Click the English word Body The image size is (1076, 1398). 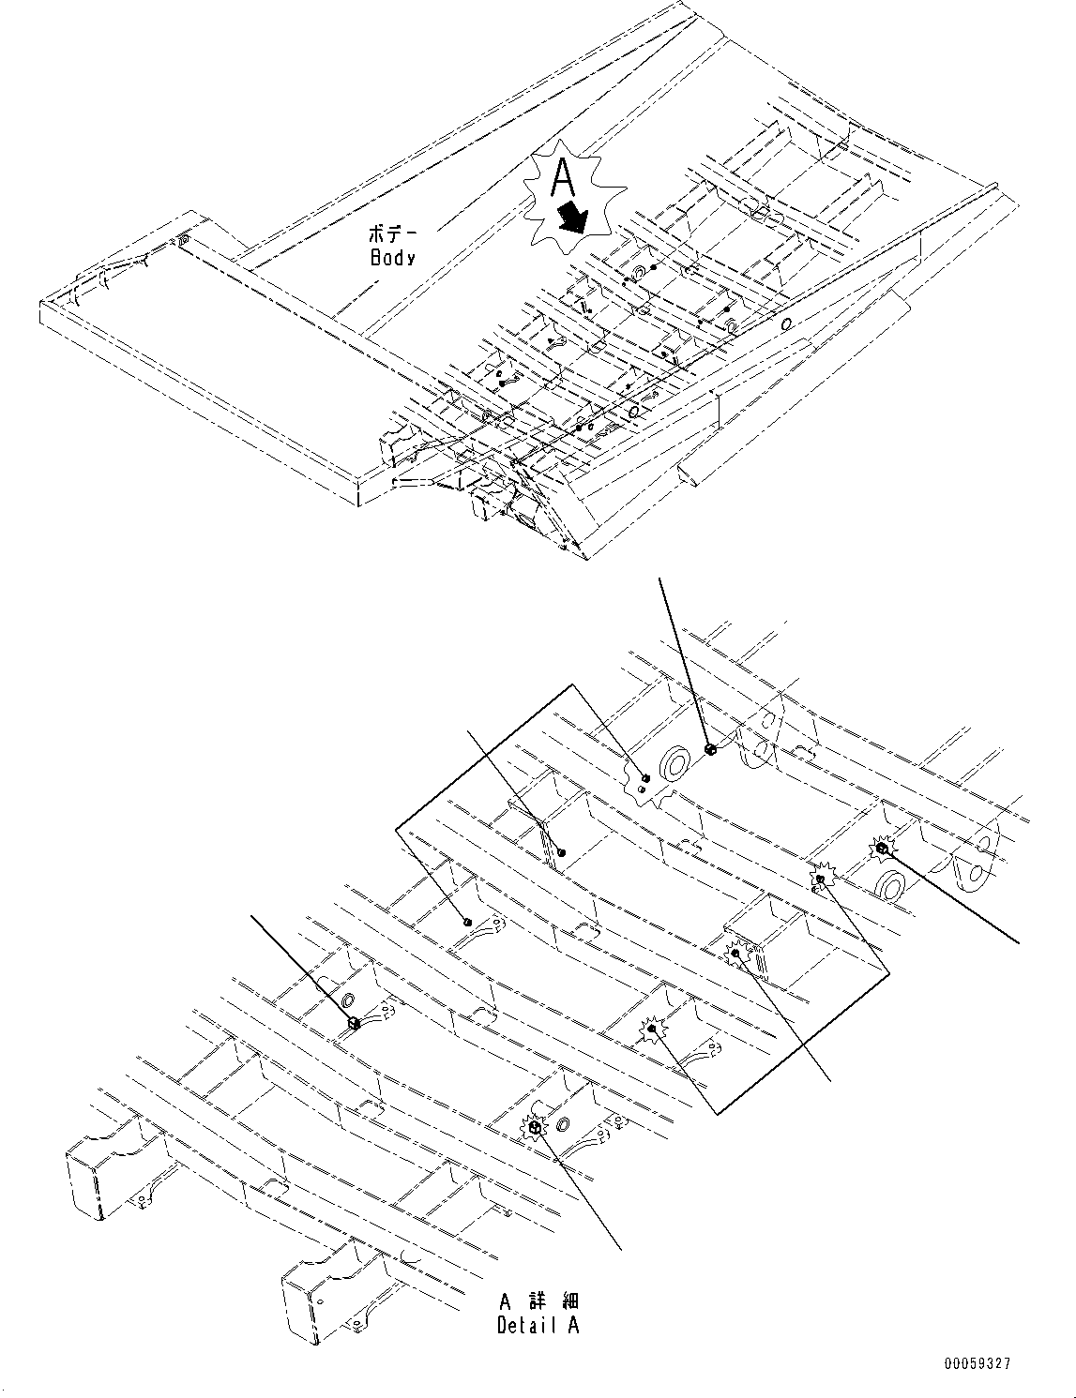tap(392, 257)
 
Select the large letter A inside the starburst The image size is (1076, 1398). tap(562, 177)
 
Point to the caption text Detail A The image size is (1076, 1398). tap(538, 1325)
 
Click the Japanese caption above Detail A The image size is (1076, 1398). tap(538, 1301)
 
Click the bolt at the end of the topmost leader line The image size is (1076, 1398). tap(710, 748)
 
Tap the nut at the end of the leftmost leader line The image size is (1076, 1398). tap(355, 1023)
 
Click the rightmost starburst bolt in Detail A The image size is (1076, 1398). tap(882, 849)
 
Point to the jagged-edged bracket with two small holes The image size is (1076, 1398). tap(643, 786)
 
